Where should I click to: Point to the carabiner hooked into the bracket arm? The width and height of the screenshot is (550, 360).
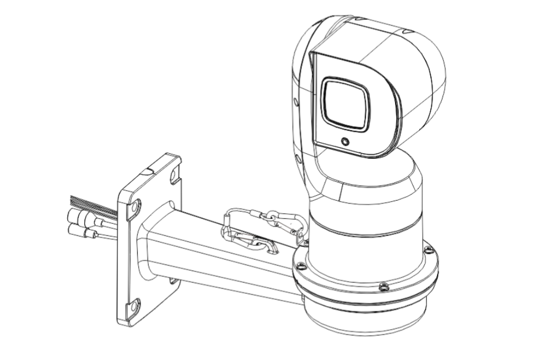coord(251,242)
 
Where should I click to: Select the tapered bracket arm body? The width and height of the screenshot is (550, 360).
coord(220,259)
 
